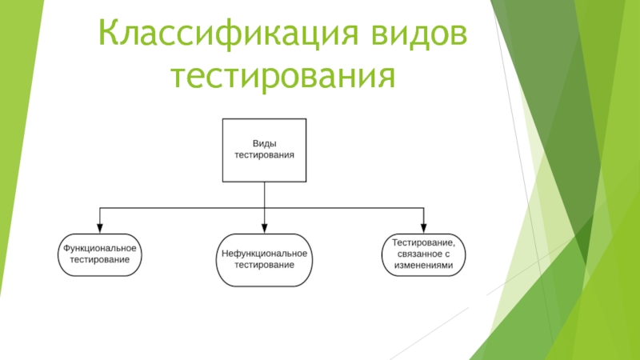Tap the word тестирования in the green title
click(294, 78)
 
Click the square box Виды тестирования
click(264, 149)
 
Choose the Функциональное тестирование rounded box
click(100, 254)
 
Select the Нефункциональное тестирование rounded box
click(264, 258)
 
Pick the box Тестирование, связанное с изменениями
click(423, 254)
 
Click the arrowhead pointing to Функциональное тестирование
click(100, 226)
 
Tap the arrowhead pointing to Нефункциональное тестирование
click(264, 226)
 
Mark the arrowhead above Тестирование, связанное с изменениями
click(423, 226)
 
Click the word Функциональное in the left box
click(100, 248)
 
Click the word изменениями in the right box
click(423, 267)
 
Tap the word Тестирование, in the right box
click(423, 242)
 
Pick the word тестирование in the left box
click(100, 261)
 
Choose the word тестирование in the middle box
click(264, 265)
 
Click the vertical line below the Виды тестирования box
click(264, 194)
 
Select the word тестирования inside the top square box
click(264, 154)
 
